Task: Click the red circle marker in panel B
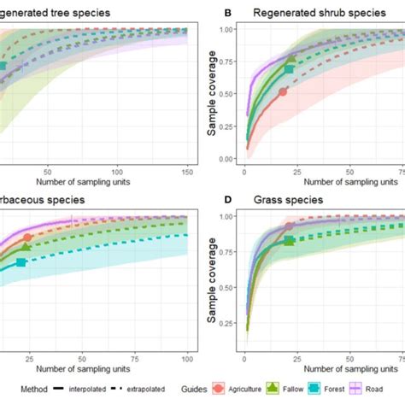[x=283, y=91]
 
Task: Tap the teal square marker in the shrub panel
[x=290, y=67]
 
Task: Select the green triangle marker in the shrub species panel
[x=291, y=60]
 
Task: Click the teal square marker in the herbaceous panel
[x=21, y=262]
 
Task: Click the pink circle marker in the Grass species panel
[x=289, y=227]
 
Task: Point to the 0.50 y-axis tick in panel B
[x=226, y=94]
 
